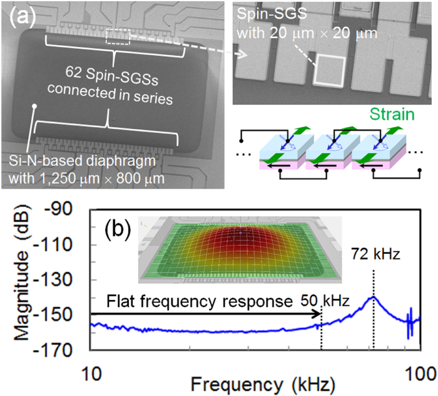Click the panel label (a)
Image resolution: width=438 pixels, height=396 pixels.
22,18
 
